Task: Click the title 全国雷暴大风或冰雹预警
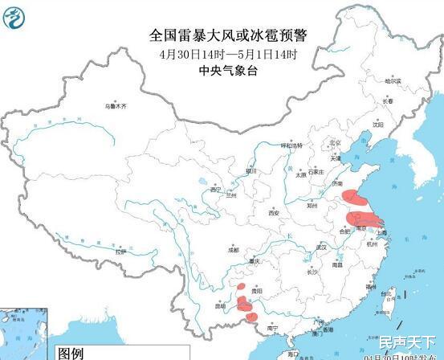coord(228,35)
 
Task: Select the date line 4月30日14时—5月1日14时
coord(228,54)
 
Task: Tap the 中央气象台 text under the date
coord(228,71)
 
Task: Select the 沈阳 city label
coord(378,125)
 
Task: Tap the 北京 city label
coord(336,144)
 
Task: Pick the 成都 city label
coord(233,250)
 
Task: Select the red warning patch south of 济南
coord(352,195)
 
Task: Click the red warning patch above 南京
coord(366,216)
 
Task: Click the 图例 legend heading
coord(70,353)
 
